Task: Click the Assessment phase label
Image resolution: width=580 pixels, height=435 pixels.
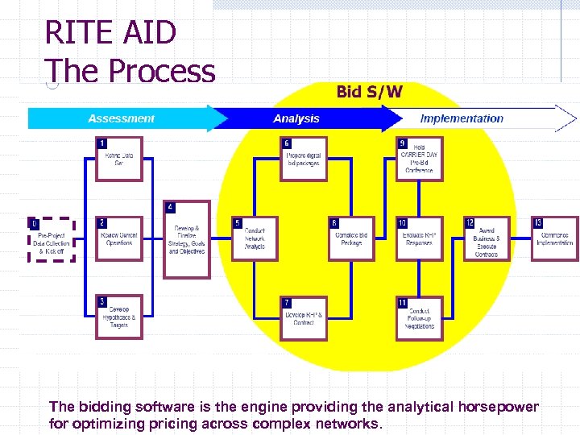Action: coord(121,118)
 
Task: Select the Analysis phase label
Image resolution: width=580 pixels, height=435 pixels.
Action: coord(296,118)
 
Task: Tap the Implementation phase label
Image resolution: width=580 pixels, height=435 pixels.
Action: coord(461,118)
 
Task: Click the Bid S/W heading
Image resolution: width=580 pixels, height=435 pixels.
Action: coord(369,92)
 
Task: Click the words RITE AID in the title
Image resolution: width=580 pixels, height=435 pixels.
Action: coord(110,33)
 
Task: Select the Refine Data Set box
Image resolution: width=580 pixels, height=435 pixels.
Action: coord(118,159)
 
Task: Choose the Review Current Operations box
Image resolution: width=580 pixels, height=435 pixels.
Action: coord(118,239)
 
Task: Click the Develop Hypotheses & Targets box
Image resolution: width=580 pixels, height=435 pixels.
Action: coord(118,317)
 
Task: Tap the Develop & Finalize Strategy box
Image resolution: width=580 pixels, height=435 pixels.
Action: coord(186,240)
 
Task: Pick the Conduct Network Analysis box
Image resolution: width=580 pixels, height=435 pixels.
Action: coord(254,239)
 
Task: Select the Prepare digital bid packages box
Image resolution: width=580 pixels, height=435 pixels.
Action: coord(304,159)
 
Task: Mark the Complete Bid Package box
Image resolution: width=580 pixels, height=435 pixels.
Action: coord(351,239)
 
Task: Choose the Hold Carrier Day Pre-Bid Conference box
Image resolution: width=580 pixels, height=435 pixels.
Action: coord(419,159)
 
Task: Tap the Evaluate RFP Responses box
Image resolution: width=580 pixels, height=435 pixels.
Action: coord(419,239)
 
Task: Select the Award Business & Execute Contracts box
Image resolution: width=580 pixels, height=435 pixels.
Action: coord(487,239)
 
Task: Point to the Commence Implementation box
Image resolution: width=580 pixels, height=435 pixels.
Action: coord(554,239)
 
